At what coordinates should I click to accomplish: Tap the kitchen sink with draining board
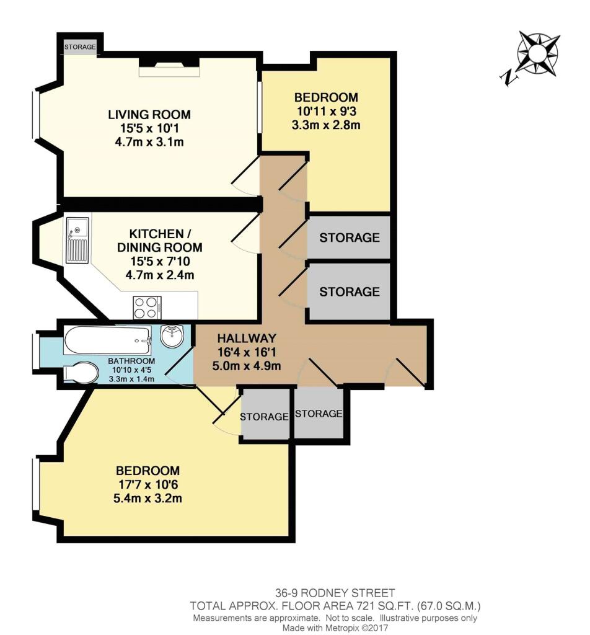click(x=77, y=240)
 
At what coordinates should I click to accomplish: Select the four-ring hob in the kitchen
click(x=147, y=308)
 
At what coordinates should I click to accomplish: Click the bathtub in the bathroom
click(x=108, y=340)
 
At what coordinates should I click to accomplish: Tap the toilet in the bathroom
click(x=81, y=372)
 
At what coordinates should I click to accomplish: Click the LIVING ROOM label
click(x=149, y=115)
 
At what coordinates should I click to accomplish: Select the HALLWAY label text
click(x=247, y=338)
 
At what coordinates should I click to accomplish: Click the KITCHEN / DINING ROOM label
click(x=160, y=241)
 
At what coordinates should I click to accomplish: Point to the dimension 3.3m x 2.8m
click(x=326, y=125)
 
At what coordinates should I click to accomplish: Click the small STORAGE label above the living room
click(x=80, y=47)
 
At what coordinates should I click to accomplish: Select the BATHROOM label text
click(x=131, y=361)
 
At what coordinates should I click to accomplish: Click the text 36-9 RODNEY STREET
click(x=335, y=593)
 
